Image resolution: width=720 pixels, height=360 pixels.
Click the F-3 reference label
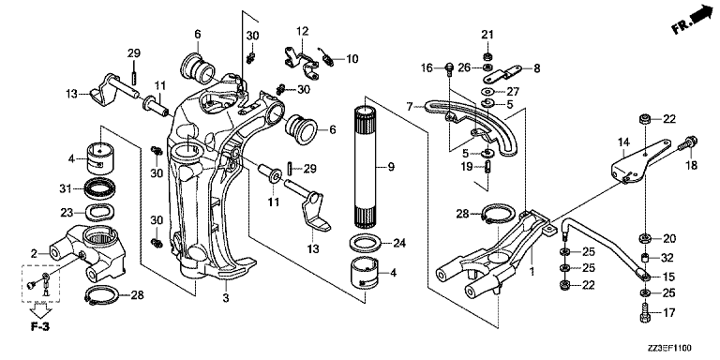pos(40,327)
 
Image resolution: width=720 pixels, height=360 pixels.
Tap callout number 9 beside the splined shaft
pos(391,167)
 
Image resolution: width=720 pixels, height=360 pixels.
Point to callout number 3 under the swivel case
pos(225,297)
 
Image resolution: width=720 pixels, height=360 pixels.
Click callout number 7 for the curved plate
pos(410,107)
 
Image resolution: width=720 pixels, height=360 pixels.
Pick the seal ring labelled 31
pos(100,188)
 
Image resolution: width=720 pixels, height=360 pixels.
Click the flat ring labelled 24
pos(367,243)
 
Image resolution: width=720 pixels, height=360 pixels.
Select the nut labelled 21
pos(487,57)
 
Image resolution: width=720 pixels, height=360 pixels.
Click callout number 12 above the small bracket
pos(303,32)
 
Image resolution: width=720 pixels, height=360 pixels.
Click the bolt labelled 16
pos(450,68)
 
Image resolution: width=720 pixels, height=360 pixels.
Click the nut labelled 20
pos(645,238)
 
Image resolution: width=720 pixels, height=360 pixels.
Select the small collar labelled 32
pos(645,258)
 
